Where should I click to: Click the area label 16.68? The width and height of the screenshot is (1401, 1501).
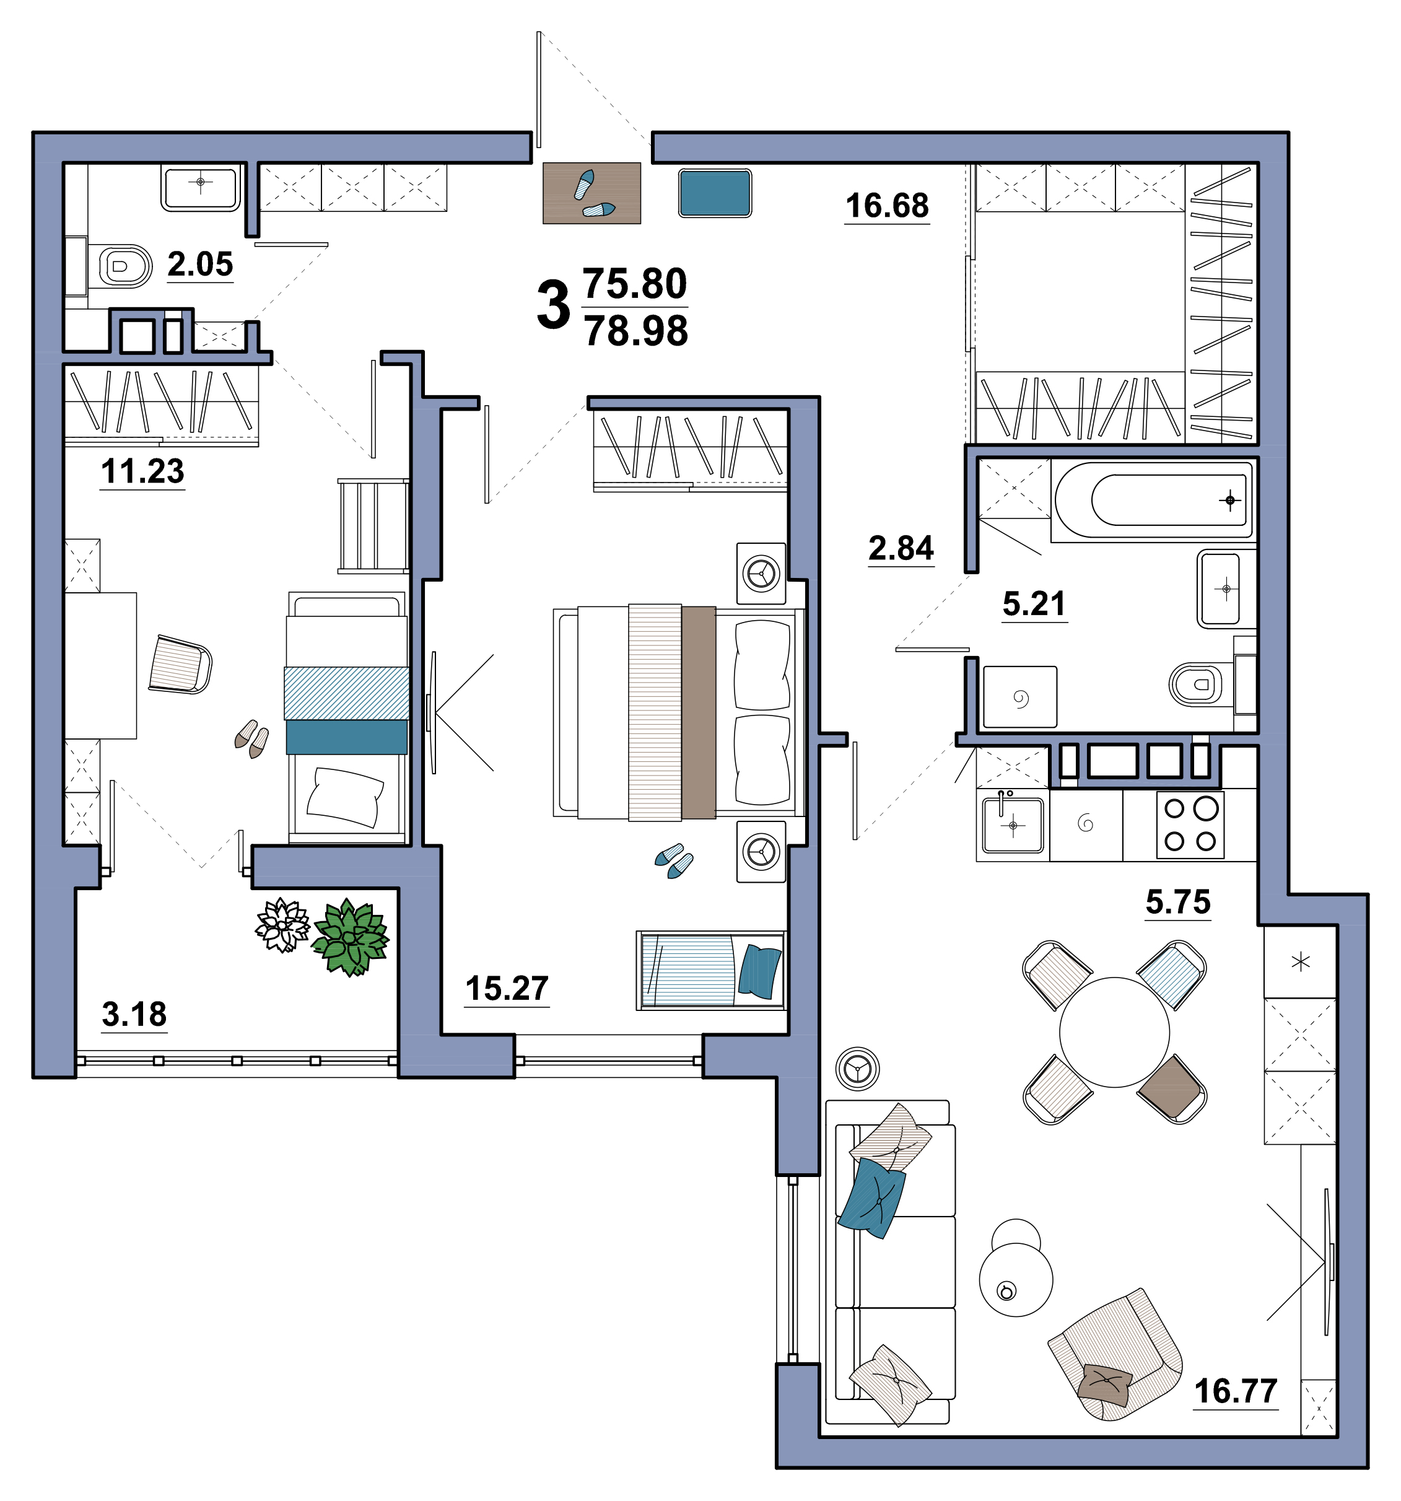(886, 206)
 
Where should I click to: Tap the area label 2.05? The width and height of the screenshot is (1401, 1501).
(200, 265)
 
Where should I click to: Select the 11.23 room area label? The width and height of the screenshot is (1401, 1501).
(142, 471)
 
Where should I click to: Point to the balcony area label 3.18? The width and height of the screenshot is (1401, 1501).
(134, 1014)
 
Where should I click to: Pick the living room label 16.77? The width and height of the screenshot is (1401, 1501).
(1236, 1391)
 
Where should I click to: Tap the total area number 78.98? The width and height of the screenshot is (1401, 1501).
(635, 331)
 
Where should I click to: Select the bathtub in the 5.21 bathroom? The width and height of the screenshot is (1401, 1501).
(1152, 501)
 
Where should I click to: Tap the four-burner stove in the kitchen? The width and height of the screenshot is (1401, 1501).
(1190, 825)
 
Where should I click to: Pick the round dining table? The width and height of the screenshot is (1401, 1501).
(1114, 1031)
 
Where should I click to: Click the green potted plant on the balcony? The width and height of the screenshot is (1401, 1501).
(351, 937)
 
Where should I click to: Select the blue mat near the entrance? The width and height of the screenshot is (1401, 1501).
(715, 193)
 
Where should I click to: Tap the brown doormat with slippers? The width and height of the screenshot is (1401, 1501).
(592, 193)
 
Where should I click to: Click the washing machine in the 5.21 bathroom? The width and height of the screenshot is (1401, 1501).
(1020, 697)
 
